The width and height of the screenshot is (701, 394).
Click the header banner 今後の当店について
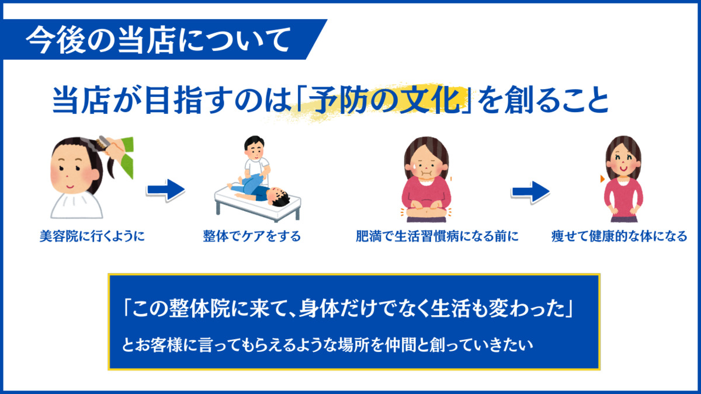tap(158, 40)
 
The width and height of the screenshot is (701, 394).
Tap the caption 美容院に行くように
tap(92, 237)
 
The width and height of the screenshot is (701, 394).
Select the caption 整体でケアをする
tap(252, 237)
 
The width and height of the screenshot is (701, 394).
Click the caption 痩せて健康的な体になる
tap(619, 237)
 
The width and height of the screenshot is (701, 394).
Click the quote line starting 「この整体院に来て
tap(350, 308)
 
